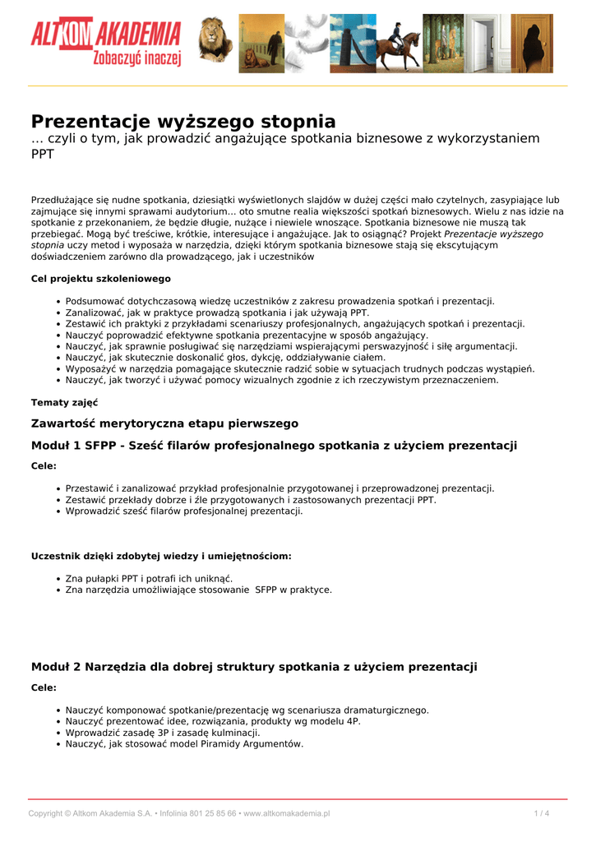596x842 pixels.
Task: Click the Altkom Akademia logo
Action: [105, 35]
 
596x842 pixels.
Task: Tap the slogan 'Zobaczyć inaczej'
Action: [137, 58]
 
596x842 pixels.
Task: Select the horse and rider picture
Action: [397, 44]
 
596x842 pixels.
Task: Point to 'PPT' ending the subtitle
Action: [43, 155]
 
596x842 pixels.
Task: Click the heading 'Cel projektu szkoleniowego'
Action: [101, 279]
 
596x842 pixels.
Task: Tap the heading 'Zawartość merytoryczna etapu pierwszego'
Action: [164, 423]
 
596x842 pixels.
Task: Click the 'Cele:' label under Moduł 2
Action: [44, 687]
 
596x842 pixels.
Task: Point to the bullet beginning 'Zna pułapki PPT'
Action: [149, 578]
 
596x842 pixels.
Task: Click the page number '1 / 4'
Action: [541, 813]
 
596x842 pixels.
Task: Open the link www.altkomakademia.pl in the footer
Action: [287, 813]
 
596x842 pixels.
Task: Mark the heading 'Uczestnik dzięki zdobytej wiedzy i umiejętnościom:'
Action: [161, 556]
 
